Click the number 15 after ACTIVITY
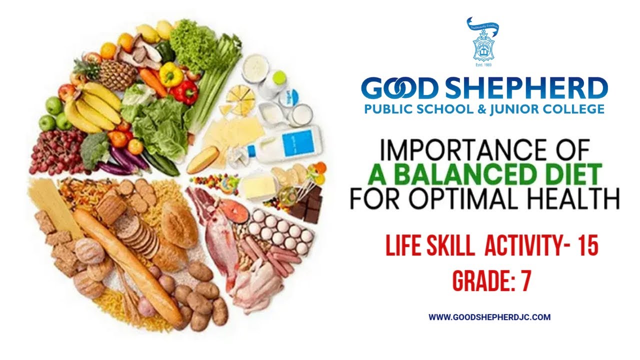point(587,246)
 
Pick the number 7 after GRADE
point(525,282)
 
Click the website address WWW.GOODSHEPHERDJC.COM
point(489,317)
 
